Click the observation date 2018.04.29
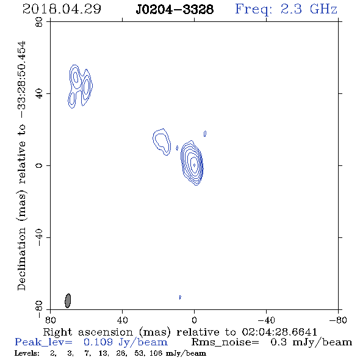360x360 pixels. coord(62,9)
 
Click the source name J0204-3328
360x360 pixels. coord(175,9)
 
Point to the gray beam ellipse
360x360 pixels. coord(68,301)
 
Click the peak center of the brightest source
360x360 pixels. coord(194,165)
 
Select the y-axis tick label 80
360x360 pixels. coord(39,22)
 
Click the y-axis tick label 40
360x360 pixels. coord(39,94)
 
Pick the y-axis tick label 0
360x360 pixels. coord(39,165)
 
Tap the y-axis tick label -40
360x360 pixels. coord(39,237)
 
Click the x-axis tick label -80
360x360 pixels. coord(337,320)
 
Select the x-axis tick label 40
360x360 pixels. coord(122,320)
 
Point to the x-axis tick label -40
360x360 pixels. coord(266,320)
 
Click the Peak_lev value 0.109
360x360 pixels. coord(98,342)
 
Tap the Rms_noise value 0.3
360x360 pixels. coord(278,342)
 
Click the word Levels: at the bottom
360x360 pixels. coord(27,353)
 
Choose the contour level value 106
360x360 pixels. coord(156,353)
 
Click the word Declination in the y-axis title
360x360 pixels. coord(21,259)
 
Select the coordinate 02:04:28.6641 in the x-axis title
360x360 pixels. coord(279,332)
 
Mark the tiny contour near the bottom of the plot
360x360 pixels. coord(180,297)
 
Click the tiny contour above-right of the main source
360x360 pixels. coord(205,134)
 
